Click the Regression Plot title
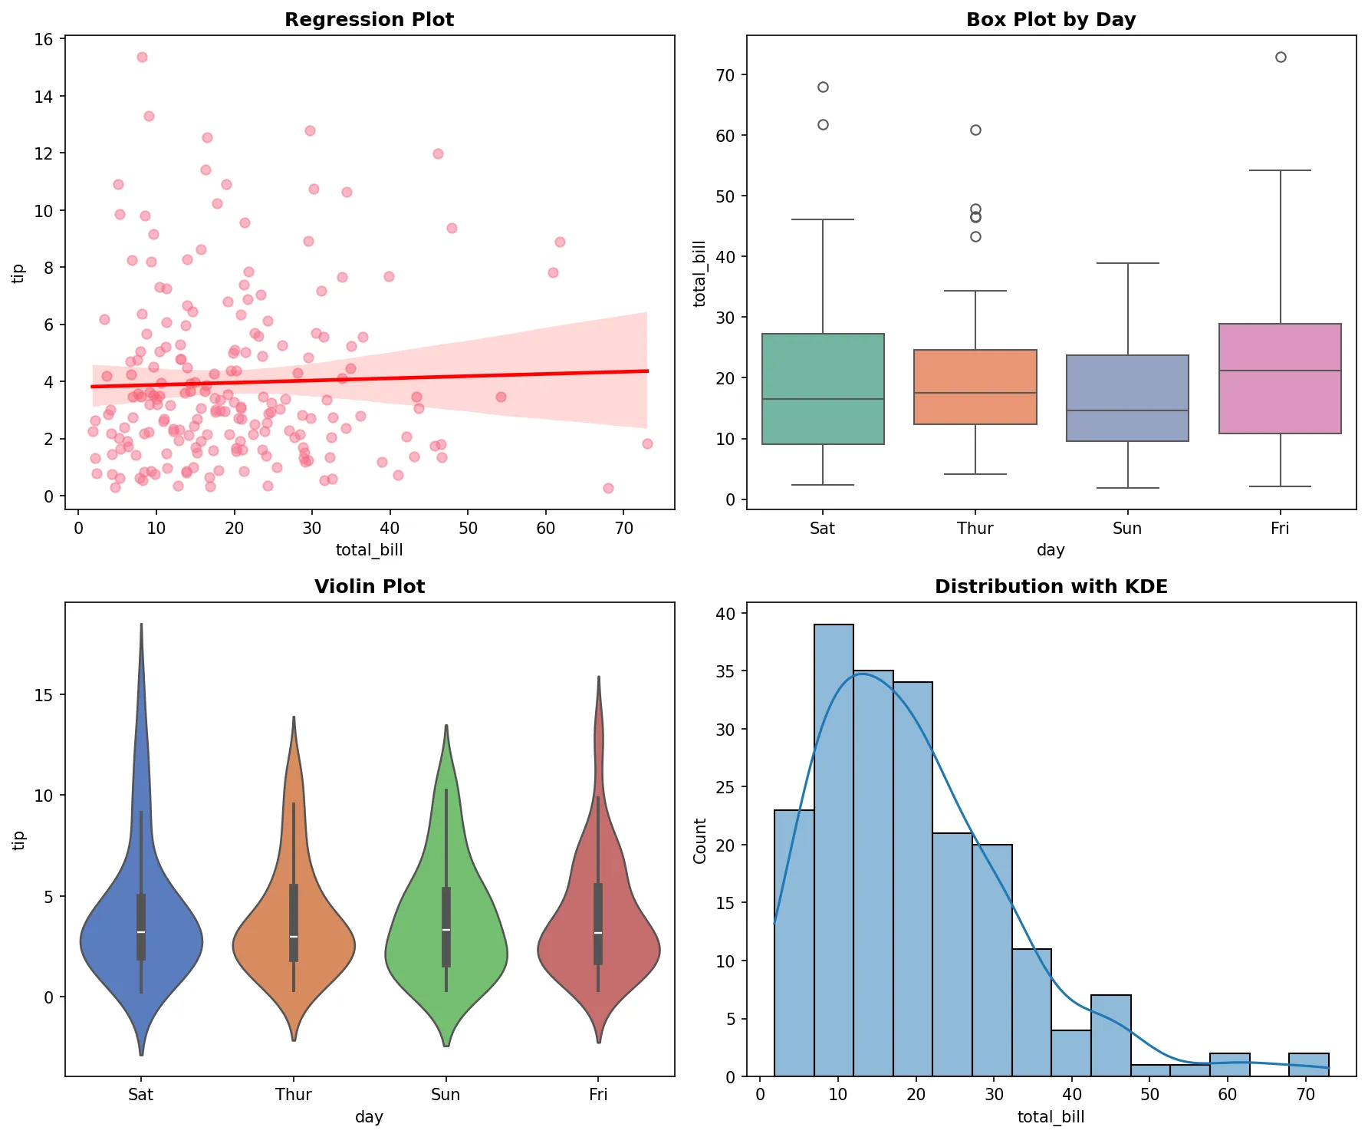[369, 20]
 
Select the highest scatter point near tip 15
[142, 57]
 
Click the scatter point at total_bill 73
[647, 443]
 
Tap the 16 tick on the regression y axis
[44, 39]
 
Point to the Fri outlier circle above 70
[1281, 57]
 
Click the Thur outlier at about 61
[975, 130]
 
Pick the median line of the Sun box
[1127, 410]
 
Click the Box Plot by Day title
[1051, 20]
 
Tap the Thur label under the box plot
[975, 528]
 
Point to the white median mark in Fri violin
[598, 933]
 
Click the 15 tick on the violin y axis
[44, 695]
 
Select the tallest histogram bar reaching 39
[834, 844]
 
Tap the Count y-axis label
[699, 840]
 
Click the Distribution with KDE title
[1051, 587]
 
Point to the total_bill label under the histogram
[1051, 1116]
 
